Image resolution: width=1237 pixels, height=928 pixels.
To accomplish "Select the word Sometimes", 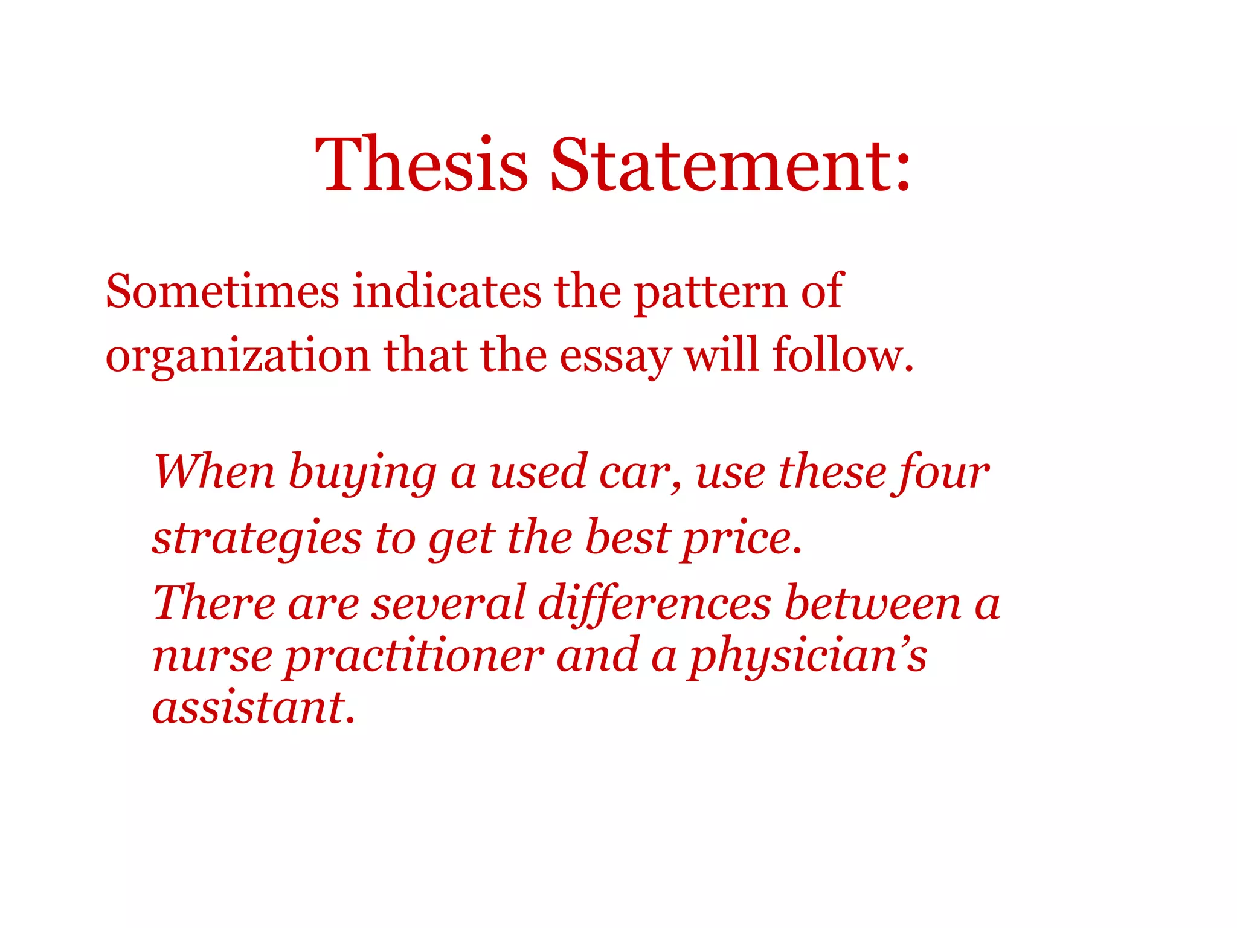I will point(222,292).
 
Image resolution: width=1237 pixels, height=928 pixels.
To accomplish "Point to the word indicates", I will point(447,292).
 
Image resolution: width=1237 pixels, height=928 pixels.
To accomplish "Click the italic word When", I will point(214,472).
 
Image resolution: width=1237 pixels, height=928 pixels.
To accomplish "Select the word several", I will point(448,604).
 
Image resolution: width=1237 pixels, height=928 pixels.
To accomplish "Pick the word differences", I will point(654,604).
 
